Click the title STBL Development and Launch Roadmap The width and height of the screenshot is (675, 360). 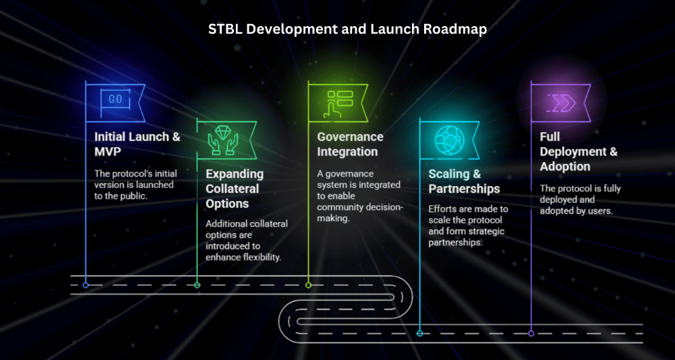point(347,30)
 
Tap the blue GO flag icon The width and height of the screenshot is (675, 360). point(115,100)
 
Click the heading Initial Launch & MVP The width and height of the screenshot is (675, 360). point(137,144)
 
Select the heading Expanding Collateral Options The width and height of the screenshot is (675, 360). point(235,189)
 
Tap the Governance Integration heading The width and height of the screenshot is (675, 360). point(350,144)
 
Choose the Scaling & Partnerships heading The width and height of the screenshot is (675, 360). point(464,181)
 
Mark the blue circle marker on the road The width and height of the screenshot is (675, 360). point(86,285)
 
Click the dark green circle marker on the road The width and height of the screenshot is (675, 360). point(197,285)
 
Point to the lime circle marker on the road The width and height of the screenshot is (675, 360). point(308,285)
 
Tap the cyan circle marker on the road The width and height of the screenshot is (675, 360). point(420,332)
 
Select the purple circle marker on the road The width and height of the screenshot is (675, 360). point(531,332)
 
